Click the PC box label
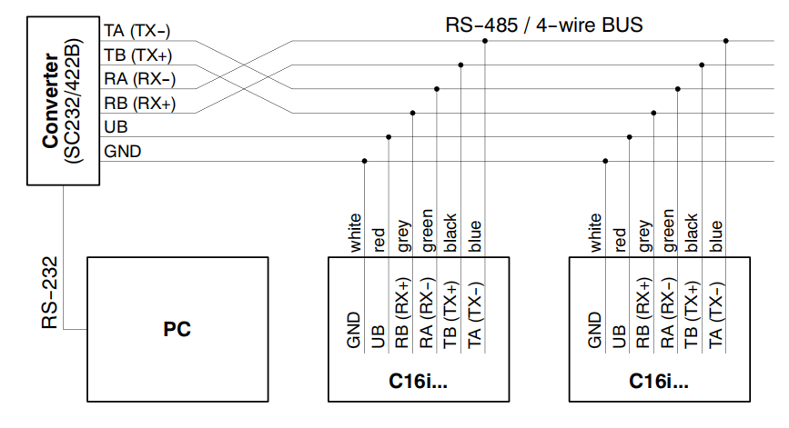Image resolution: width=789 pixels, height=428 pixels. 177,330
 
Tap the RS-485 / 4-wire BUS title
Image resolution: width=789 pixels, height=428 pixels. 544,25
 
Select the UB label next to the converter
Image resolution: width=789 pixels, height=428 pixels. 116,127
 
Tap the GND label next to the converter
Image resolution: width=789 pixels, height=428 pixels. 123,152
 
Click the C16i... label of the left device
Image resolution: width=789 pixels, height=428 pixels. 418,380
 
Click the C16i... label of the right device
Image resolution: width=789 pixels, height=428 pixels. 659,380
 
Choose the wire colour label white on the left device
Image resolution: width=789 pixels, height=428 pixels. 355,232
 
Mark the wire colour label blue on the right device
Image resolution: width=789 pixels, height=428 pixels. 716,236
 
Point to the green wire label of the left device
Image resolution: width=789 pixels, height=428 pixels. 427,230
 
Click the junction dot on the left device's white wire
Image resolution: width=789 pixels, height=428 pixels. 365,162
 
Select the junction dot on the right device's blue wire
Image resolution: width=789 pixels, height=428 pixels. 725,41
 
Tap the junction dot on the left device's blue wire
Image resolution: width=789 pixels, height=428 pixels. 485,41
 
